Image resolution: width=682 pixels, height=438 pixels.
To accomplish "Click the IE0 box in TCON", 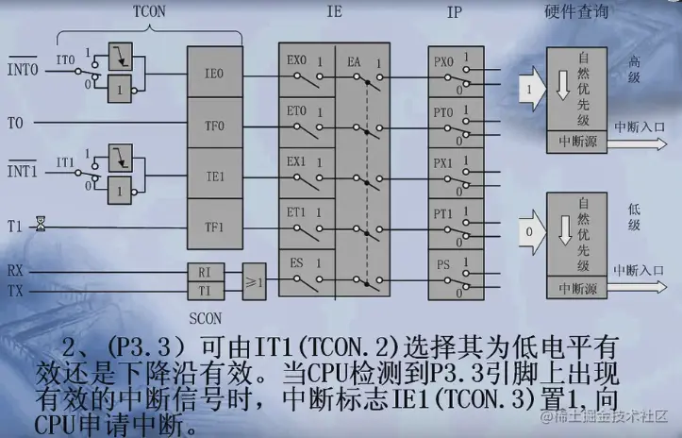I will (x=215, y=72).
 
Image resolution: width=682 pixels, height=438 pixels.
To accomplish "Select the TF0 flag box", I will (x=215, y=124).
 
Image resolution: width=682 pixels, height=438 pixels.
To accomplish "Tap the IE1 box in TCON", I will (x=215, y=175).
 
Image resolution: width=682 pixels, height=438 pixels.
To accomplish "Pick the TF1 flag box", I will (x=215, y=227).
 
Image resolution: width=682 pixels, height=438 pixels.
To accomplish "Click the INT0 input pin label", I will (x=23, y=71).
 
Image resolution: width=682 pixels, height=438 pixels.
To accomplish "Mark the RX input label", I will (x=15, y=269).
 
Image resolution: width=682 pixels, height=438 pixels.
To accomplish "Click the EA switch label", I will (x=355, y=61).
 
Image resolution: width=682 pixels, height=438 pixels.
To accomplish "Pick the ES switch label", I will (x=296, y=262).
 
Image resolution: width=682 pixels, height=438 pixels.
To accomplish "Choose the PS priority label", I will (x=441, y=263).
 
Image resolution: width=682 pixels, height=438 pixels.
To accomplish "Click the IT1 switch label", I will (x=65, y=162).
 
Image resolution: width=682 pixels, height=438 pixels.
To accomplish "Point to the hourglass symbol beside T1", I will (x=41, y=225).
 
